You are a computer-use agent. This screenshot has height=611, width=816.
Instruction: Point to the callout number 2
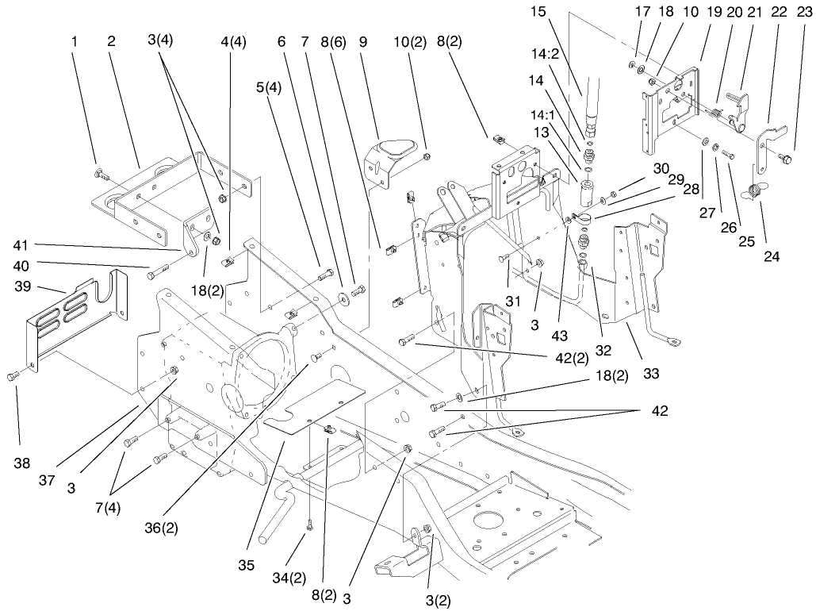(x=111, y=41)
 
